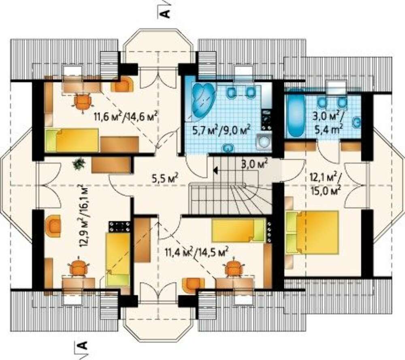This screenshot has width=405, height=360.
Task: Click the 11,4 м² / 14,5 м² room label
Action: pos(196,252)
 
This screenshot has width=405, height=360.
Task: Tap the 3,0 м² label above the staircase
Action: pos(254,164)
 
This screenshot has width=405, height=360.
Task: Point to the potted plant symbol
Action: pos(79,164)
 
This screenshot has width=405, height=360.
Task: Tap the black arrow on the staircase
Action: pos(215,170)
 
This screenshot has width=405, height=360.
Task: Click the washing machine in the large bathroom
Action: pos(263,142)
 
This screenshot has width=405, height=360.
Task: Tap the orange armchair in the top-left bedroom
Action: pos(122,84)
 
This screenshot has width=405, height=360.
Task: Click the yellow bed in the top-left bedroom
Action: pos(72,141)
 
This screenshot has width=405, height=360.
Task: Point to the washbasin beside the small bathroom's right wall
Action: pos(357,122)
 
